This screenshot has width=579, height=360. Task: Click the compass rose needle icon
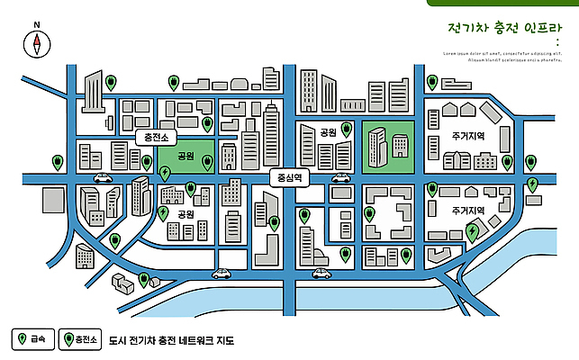pyautogui.click(x=37, y=42)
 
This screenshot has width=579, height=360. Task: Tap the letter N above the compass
pyautogui.click(x=36, y=25)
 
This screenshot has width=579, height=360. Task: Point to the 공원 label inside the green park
pyautogui.click(x=186, y=156)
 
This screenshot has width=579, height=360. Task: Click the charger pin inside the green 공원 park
pyautogui.click(x=207, y=161)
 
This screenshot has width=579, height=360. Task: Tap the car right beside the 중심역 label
pyautogui.click(x=340, y=178)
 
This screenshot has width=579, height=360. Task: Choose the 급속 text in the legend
pyautogui.click(x=38, y=339)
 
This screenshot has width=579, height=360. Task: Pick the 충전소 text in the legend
pyautogui.click(x=86, y=339)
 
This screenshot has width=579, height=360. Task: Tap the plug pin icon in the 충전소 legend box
pyautogui.click(x=68, y=339)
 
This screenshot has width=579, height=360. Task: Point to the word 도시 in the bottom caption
pyautogui.click(x=115, y=341)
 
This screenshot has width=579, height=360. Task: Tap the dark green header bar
pyautogui.click(x=503, y=3)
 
